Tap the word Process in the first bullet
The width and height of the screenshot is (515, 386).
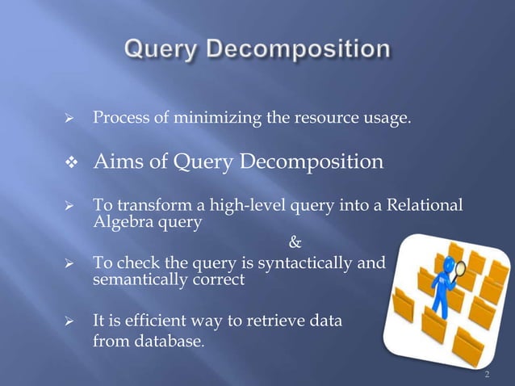(x=119, y=120)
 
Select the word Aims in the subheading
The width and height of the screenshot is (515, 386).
(x=119, y=163)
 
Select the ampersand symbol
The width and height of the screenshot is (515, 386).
(x=294, y=241)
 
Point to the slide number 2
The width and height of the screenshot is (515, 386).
(x=487, y=375)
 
